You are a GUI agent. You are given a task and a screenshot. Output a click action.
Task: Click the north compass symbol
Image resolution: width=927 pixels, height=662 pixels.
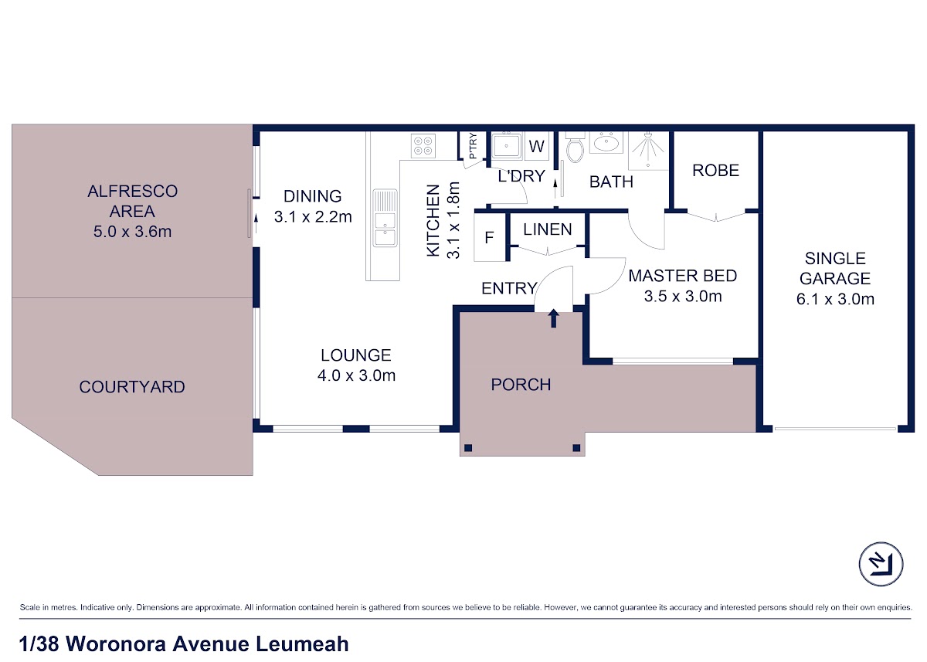(x=881, y=564)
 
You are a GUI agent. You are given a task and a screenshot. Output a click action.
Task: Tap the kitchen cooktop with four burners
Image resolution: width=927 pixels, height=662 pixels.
(x=423, y=146)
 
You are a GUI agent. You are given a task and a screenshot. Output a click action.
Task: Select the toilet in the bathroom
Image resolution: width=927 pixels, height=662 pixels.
(x=575, y=148)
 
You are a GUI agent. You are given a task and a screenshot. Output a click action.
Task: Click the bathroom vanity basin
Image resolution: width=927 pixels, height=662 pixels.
(x=606, y=143)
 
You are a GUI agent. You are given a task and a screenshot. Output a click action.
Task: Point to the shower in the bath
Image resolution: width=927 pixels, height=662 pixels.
(x=648, y=151)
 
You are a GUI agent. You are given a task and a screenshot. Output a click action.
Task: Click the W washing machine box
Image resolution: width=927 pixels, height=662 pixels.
(x=537, y=146)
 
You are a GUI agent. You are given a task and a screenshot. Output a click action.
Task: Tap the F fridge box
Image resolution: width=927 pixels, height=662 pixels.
(x=490, y=237)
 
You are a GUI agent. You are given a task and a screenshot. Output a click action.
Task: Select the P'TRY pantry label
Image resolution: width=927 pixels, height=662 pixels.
(x=473, y=146)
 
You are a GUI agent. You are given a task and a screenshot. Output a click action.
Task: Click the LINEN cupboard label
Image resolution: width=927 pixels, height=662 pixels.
(x=548, y=229)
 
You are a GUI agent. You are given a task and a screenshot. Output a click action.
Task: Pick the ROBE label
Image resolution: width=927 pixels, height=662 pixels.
(x=715, y=171)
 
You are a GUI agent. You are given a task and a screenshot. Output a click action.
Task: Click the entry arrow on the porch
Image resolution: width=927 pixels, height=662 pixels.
(x=554, y=318)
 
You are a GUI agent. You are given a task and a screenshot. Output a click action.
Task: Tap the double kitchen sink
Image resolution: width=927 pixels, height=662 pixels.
(x=385, y=218)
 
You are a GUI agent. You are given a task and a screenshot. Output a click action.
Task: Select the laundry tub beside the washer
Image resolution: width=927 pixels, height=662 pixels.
(x=506, y=145)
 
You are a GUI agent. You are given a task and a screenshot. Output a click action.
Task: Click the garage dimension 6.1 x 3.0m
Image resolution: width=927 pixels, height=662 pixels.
(x=835, y=299)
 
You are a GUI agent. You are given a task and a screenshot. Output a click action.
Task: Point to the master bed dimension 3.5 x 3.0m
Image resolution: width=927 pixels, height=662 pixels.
(x=683, y=297)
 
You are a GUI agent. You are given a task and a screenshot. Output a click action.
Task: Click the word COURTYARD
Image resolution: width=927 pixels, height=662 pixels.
(x=132, y=387)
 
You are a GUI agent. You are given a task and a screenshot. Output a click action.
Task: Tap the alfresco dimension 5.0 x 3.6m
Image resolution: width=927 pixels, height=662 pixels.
(x=132, y=231)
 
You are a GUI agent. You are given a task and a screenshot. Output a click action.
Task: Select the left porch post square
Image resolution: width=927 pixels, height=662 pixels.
(x=468, y=448)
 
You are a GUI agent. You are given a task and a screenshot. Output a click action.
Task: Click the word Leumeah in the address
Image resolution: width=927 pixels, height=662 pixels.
(x=302, y=643)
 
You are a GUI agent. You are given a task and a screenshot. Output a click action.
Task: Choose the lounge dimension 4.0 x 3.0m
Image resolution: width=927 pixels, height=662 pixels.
(x=356, y=375)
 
